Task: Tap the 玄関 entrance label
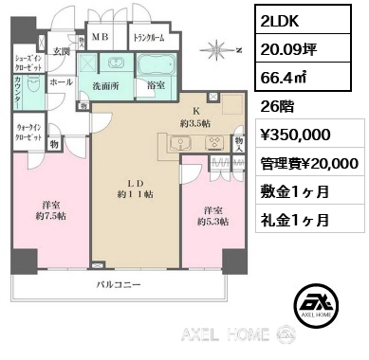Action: (x=62, y=50)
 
